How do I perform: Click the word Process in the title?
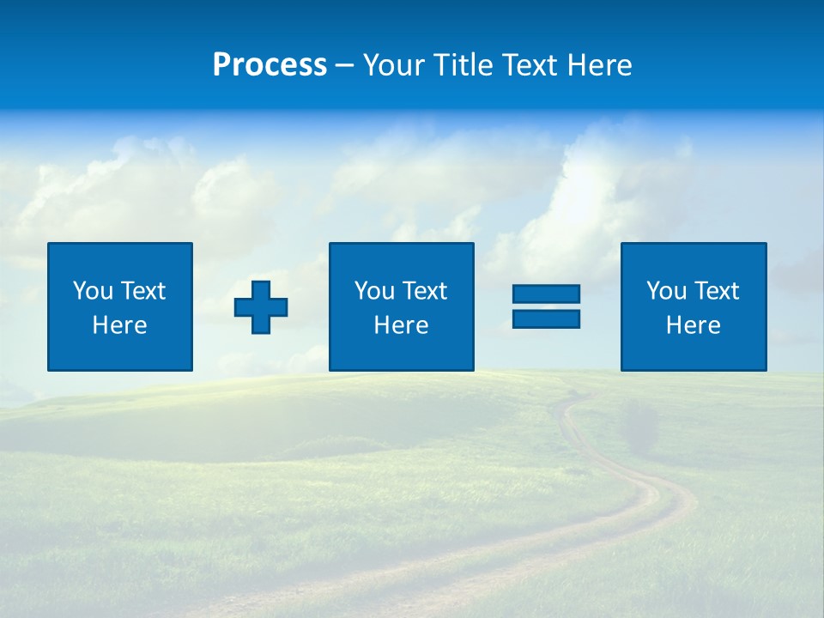pyautogui.click(x=270, y=65)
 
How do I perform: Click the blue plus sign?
pyautogui.click(x=261, y=306)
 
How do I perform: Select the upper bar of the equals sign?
pyautogui.click(x=546, y=294)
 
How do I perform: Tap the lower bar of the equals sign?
pyautogui.click(x=546, y=318)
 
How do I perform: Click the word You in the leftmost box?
pyautogui.click(x=93, y=291)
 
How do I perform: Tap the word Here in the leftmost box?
pyautogui.click(x=120, y=325)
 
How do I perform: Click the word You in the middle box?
pyautogui.click(x=374, y=291)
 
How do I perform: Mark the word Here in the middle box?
pyautogui.click(x=401, y=325)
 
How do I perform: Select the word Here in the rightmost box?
pyautogui.click(x=694, y=325)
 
